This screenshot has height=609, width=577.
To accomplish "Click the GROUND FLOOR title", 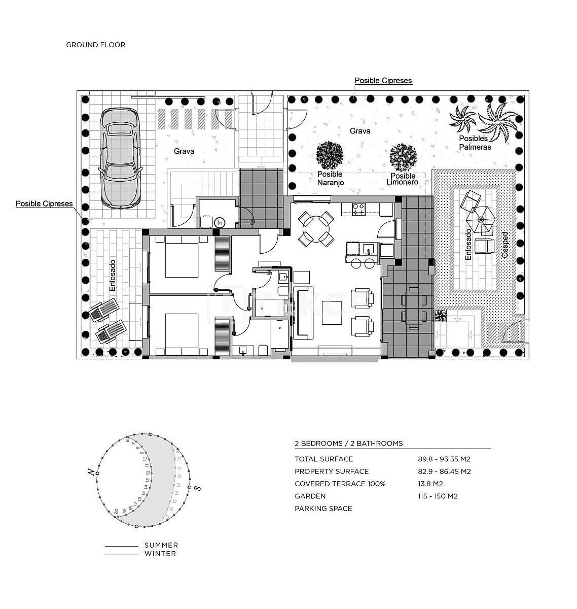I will tap(95, 45).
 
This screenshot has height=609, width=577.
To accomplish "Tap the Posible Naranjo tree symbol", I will tap(330, 155).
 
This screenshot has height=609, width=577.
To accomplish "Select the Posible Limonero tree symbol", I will tap(404, 157).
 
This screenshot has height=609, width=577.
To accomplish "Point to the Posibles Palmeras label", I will tap(475, 143).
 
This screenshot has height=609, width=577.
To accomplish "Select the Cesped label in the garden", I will tap(504, 245).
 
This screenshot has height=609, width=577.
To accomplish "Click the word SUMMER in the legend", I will tap(161, 545).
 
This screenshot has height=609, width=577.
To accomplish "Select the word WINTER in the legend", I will tap(160, 553).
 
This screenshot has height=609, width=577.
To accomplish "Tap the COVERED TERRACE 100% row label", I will tap(340, 484).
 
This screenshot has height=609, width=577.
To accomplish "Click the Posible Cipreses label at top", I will tap(383, 80).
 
